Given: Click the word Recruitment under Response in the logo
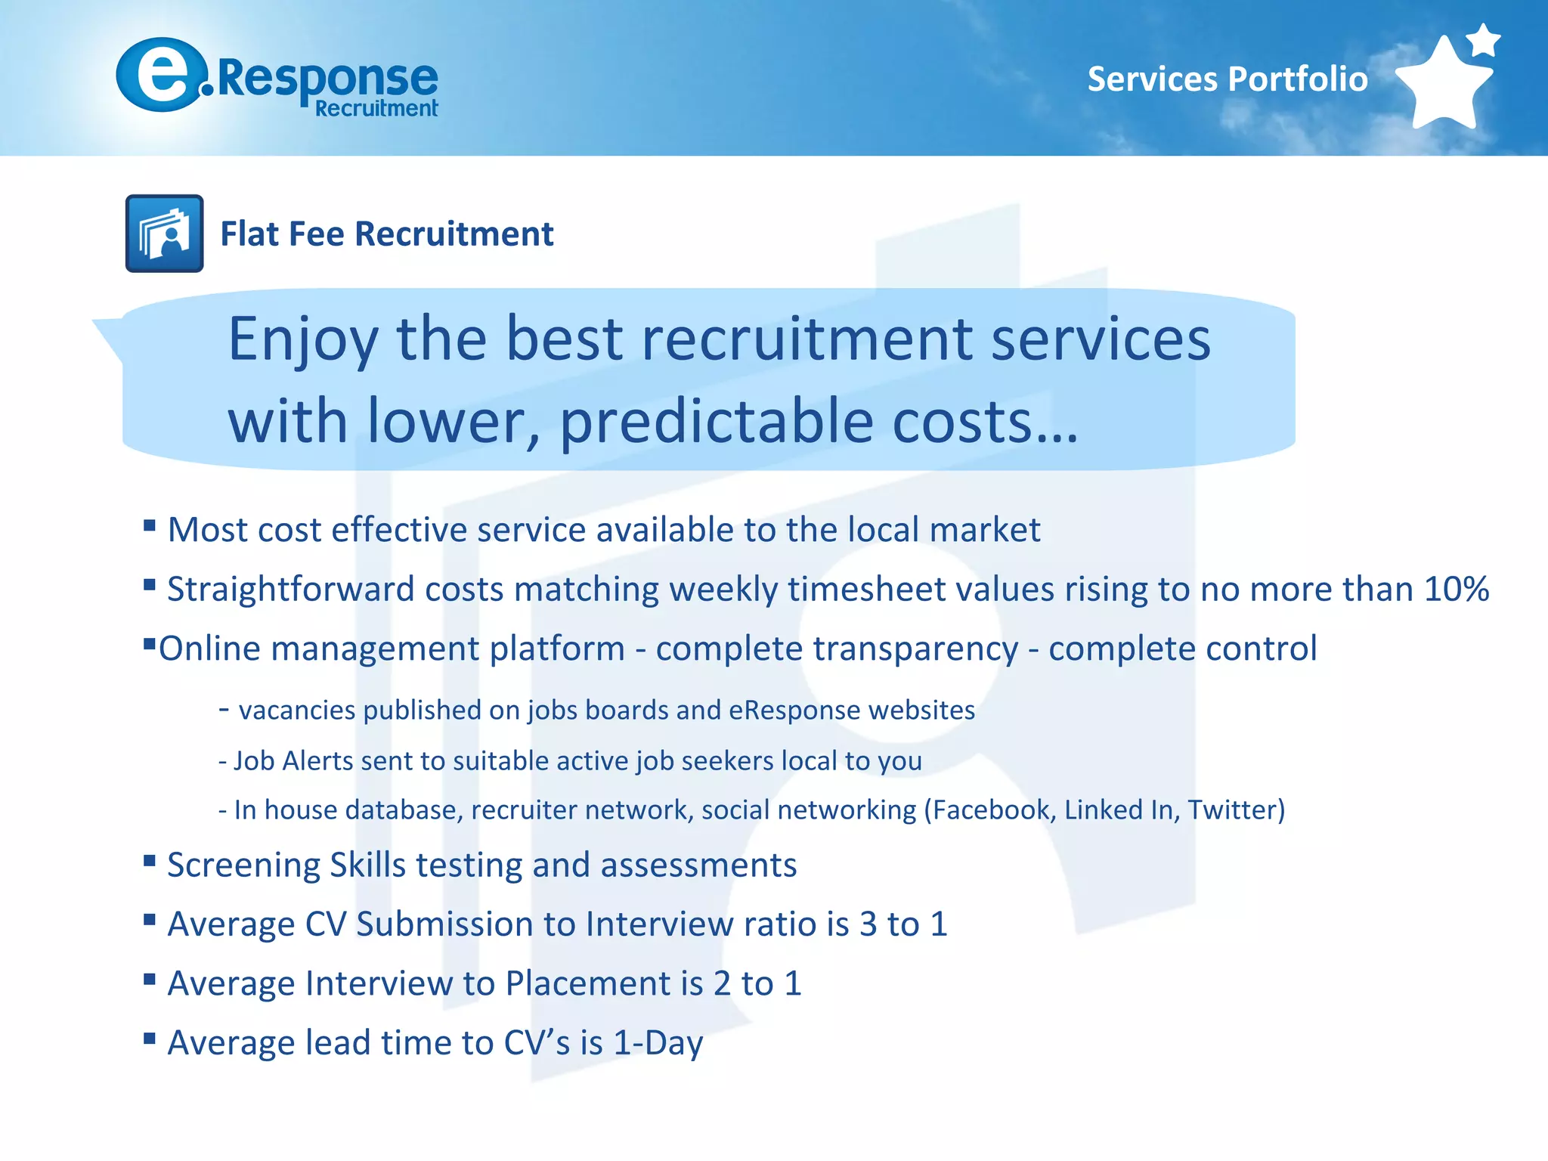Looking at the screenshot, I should click(376, 109).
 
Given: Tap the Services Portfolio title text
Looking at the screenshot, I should click(1228, 79).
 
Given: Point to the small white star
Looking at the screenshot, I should click(1484, 40).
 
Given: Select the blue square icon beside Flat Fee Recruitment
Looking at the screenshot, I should click(164, 234).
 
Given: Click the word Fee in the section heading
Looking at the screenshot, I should click(316, 234).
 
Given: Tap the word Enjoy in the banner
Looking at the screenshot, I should click(302, 340).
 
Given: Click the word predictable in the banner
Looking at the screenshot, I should click(716, 421).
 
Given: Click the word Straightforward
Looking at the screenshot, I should click(290, 590).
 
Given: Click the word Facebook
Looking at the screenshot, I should click(991, 810).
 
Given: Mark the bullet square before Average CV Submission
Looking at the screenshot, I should click(150, 920).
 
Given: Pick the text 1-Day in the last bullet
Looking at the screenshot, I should click(658, 1043).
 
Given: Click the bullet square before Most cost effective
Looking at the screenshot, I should click(150, 525).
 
